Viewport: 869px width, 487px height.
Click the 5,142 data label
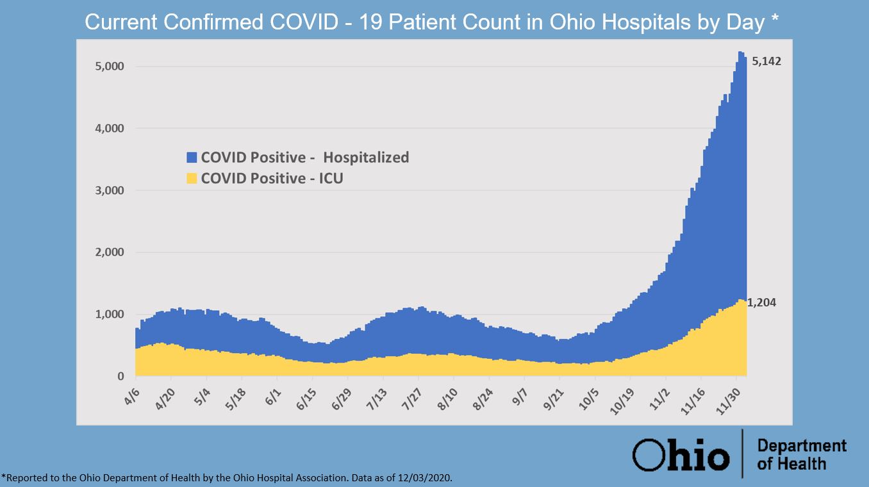(x=767, y=62)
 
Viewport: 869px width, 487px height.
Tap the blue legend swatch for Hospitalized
(x=192, y=158)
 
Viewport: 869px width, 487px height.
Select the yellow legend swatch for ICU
(x=192, y=178)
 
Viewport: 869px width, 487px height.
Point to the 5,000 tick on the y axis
(x=110, y=67)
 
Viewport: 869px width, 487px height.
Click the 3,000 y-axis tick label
(x=110, y=190)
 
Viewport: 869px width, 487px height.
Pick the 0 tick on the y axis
(x=120, y=376)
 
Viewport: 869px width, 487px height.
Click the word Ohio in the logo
(x=681, y=454)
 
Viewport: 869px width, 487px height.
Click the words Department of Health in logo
(x=801, y=454)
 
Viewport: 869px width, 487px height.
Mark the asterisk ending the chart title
(x=775, y=21)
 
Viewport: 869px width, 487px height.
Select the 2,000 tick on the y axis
(x=110, y=252)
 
